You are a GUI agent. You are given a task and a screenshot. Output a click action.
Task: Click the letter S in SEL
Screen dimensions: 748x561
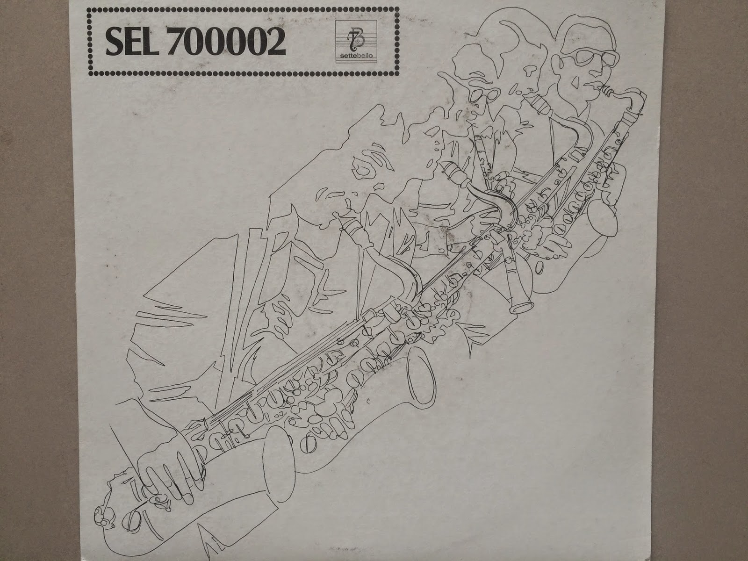coord(114,41)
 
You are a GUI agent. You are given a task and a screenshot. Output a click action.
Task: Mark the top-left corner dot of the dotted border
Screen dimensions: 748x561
coord(90,10)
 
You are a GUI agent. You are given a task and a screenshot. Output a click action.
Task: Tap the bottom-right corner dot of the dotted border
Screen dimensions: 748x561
coord(396,73)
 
